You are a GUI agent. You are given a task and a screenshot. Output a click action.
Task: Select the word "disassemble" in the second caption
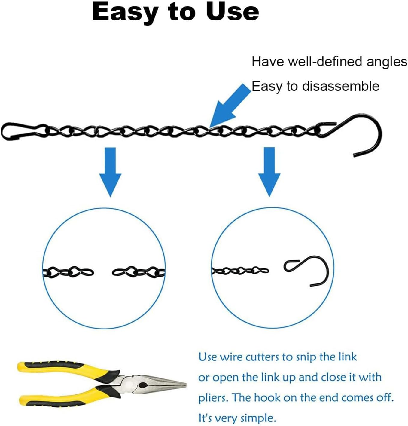(340, 86)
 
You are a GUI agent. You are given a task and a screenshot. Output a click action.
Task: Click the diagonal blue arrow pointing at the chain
(230, 106)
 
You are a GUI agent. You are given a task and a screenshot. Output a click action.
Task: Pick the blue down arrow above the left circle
(110, 172)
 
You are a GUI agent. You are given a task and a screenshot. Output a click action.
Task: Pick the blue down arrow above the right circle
(269, 172)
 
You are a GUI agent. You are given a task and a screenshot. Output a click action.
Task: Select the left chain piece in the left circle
(68, 272)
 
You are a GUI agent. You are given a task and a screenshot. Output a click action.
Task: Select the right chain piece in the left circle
(139, 272)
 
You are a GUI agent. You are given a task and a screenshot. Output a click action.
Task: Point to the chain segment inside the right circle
(240, 271)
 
